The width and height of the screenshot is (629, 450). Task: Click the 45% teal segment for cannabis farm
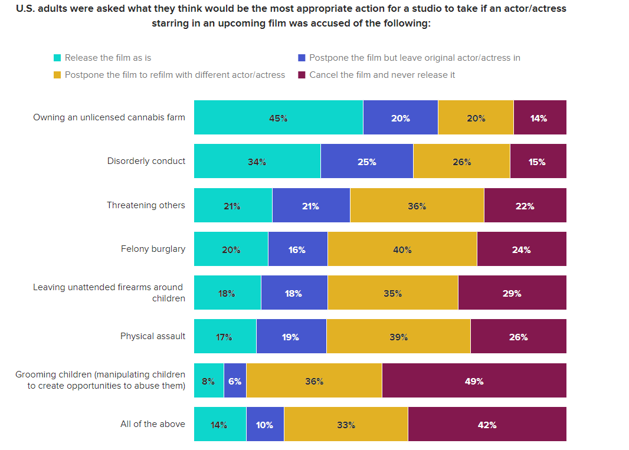tap(278, 118)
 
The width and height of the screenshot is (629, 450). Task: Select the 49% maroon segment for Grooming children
tap(474, 380)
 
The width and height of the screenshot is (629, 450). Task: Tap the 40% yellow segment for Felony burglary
tap(402, 249)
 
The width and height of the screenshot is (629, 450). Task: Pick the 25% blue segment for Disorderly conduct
tap(366, 161)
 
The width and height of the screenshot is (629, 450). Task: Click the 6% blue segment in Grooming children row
tap(235, 380)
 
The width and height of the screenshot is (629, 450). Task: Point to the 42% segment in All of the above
tap(487, 424)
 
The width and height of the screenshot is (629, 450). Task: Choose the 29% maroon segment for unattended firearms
tap(512, 293)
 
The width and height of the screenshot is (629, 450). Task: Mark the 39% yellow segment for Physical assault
tap(398, 336)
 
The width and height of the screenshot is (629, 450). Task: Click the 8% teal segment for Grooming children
tap(208, 380)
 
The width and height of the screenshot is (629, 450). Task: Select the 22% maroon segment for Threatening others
tap(525, 205)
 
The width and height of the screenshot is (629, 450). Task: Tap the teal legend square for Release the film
tap(57, 58)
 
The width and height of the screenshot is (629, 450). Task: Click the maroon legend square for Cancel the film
tap(302, 75)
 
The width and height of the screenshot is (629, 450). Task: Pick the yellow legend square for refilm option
tap(57, 75)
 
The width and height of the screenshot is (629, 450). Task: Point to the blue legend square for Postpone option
tap(302, 58)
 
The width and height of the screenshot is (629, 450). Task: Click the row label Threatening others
tap(146, 205)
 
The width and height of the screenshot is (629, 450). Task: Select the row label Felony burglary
tap(153, 249)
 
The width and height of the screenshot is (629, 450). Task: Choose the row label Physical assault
tap(153, 336)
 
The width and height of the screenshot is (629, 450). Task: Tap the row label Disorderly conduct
tap(146, 161)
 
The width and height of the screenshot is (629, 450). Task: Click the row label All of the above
tap(153, 424)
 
